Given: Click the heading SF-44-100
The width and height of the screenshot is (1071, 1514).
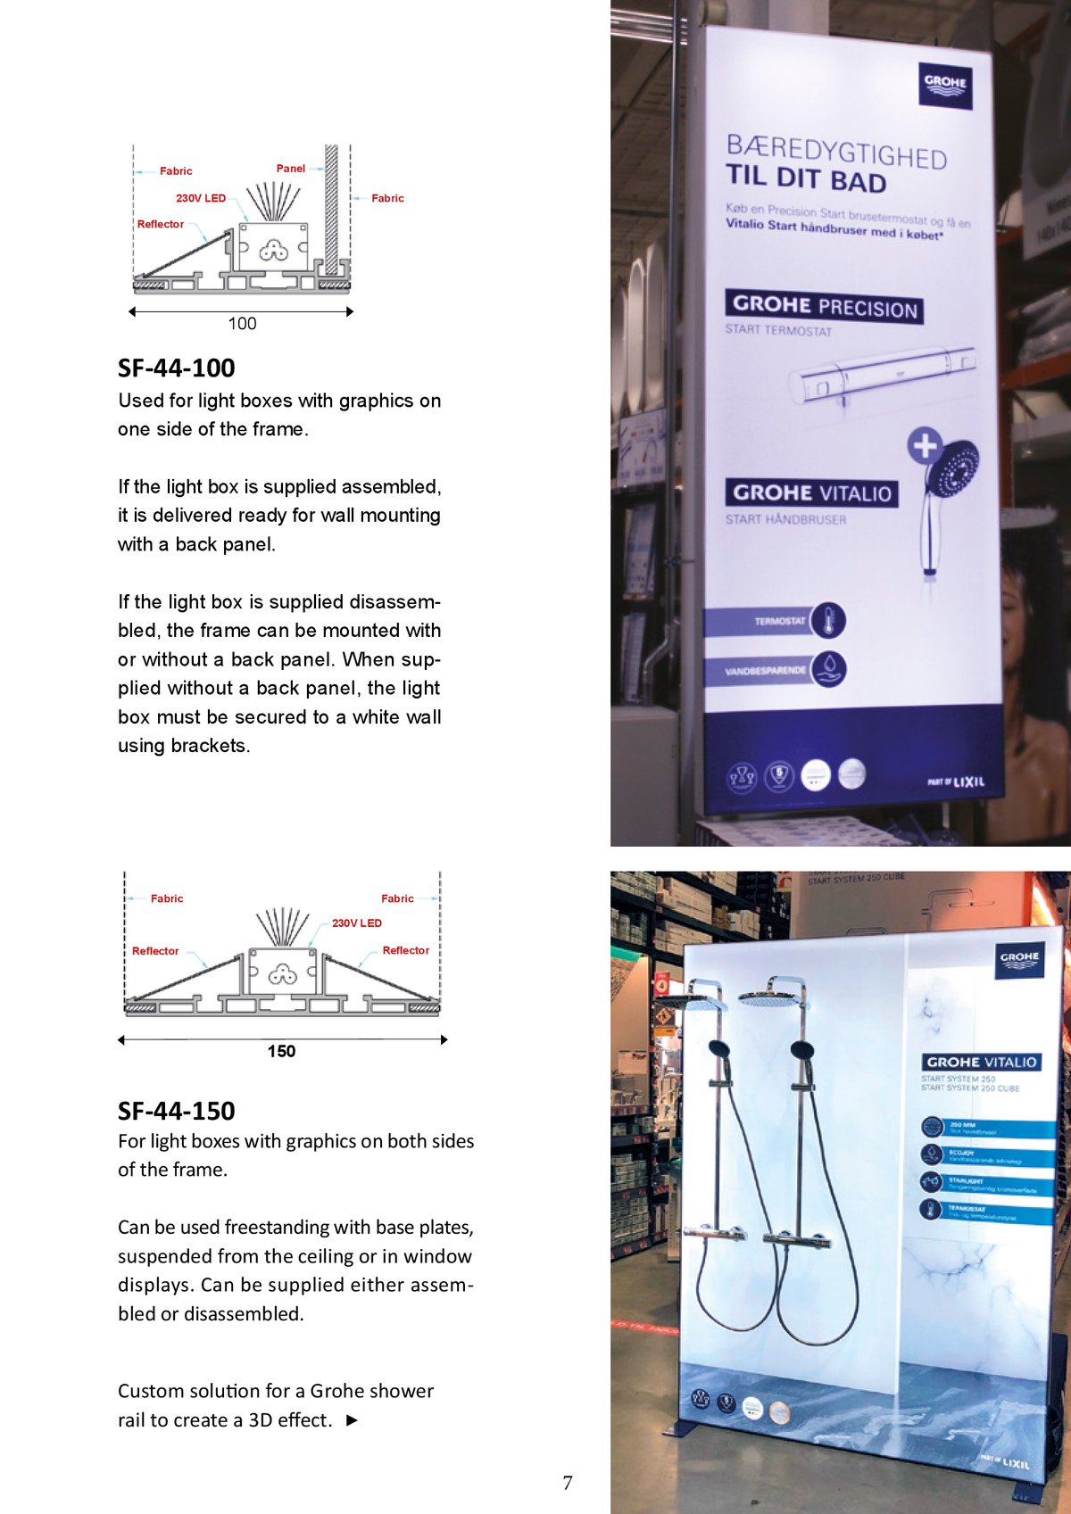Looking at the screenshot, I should pos(177,368).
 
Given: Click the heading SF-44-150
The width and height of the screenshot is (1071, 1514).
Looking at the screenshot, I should pos(177,1111).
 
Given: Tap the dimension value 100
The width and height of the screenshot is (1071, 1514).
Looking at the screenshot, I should pos(242,324).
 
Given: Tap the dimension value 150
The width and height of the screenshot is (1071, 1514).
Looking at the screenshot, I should pos(281,1051).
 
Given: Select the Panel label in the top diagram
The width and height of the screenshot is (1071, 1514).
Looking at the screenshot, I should pos(290,169).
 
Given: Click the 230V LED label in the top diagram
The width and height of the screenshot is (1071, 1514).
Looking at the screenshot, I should pos(201,198).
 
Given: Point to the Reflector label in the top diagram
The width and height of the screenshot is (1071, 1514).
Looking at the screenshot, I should pos(161,224).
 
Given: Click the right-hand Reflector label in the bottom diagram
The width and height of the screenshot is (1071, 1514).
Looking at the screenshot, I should pos(405,950).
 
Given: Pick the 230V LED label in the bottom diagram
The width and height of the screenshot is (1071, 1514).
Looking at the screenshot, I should pos(357,923).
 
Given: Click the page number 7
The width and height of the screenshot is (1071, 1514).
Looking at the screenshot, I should pos(568,1483).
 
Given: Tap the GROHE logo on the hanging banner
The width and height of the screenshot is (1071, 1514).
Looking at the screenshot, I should pos(945,85).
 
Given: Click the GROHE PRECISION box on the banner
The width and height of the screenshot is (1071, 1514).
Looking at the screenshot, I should pos(824,306).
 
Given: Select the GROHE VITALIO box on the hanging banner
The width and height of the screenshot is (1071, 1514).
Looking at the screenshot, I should pos(811,492).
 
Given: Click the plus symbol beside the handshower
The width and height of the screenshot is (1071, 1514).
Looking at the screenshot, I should pos(925,445).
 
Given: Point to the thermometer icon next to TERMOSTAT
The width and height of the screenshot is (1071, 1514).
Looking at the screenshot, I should pos(829,620).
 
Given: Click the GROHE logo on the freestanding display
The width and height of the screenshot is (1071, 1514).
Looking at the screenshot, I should pos(1019,959).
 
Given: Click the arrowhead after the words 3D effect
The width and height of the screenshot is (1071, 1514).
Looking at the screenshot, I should pos(352,1419).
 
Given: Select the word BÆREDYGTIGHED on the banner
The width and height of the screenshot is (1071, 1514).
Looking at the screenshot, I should pos(836,152).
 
